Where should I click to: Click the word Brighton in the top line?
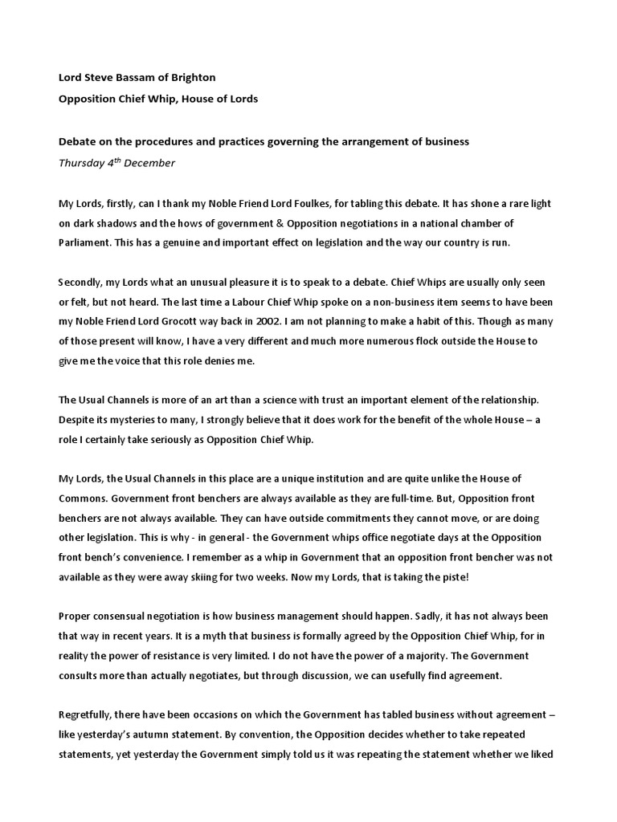click(x=194, y=78)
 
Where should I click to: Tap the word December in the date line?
click(x=150, y=163)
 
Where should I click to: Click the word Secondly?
click(x=83, y=283)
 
